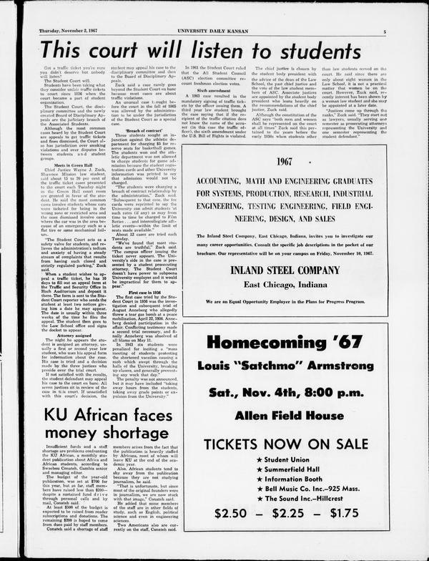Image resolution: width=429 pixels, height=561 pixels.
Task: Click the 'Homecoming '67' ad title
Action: [285, 342]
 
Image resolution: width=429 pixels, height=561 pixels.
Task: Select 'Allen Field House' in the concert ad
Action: [285, 416]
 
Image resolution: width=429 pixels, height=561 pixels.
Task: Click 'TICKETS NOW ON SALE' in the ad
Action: [285, 445]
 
